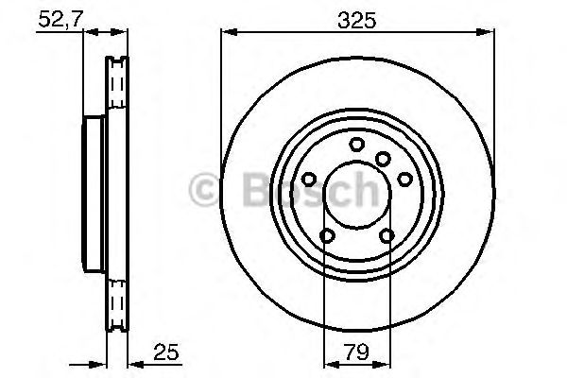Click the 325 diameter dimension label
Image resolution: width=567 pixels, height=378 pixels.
[357, 18]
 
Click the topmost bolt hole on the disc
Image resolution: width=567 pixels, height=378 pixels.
[356, 144]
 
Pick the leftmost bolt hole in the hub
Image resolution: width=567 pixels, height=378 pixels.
[311, 180]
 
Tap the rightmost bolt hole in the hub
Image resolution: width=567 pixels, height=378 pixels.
[404, 179]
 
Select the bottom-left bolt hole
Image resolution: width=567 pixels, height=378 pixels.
[327, 236]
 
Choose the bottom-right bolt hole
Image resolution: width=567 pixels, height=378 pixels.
[387, 236]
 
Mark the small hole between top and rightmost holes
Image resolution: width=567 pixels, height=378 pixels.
[383, 158]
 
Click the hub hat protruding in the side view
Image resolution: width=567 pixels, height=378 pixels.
[93, 194]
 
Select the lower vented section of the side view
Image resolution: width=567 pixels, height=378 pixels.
[115, 302]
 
